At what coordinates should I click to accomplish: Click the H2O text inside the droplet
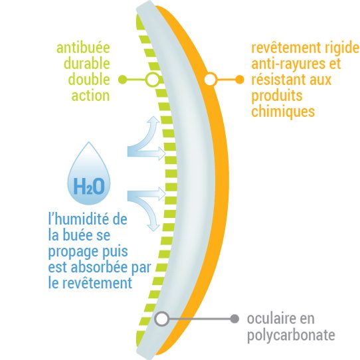click(89, 186)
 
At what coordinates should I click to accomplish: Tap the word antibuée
click(83, 48)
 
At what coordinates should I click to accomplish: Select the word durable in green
click(87, 63)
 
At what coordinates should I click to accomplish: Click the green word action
click(91, 96)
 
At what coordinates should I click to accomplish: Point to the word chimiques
click(283, 111)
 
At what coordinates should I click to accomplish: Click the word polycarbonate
click(291, 335)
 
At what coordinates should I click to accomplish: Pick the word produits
click(277, 96)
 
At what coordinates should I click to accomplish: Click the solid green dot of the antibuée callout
click(123, 80)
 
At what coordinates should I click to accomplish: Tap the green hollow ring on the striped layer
click(152, 80)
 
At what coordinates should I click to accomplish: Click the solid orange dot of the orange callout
click(240, 80)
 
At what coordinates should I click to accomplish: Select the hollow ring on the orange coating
click(211, 80)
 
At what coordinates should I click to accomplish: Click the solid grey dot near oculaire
click(234, 319)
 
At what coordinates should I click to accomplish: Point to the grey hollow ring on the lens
click(161, 319)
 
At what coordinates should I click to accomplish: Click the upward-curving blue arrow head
click(153, 120)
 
